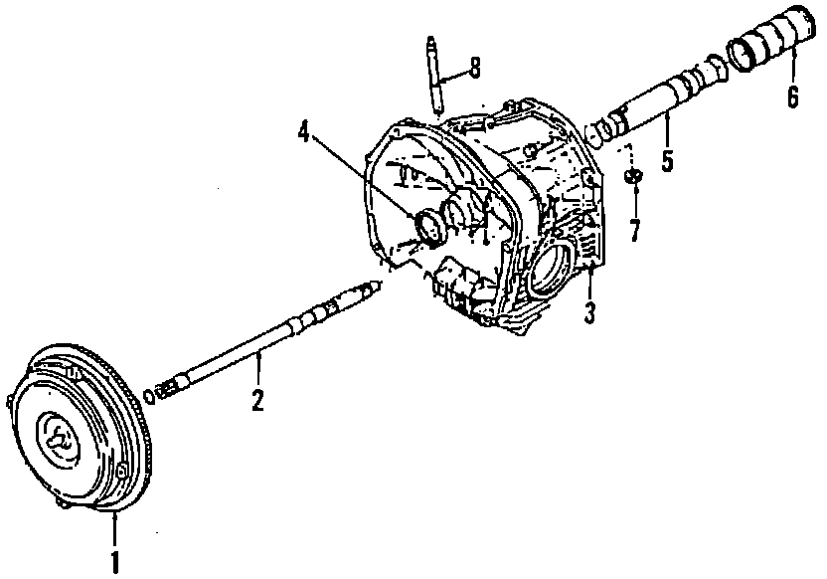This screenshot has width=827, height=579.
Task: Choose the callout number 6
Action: tap(792, 96)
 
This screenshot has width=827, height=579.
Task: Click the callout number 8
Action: tap(474, 68)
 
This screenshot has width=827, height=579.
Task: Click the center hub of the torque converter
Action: tap(61, 438)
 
